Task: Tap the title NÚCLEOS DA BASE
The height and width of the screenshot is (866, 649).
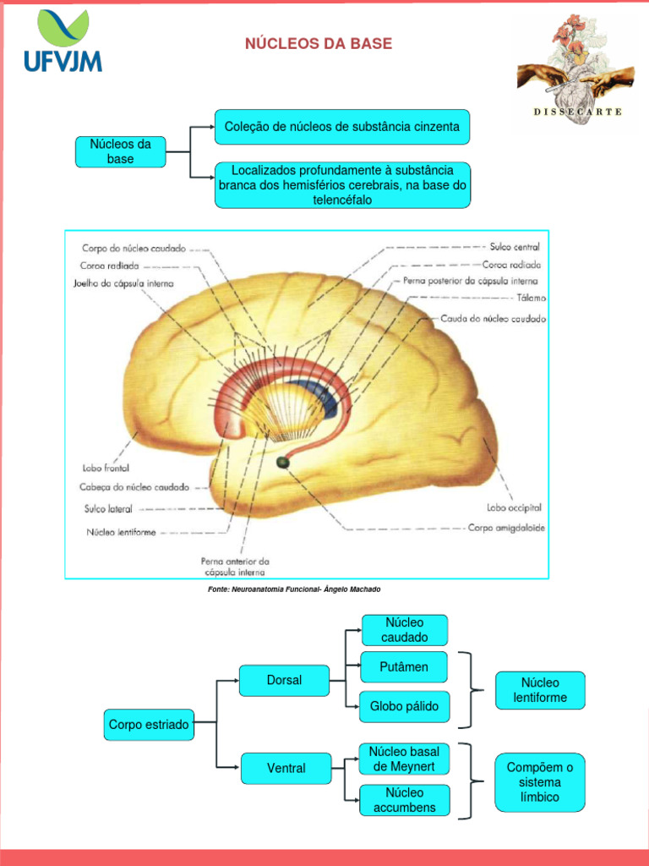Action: tap(319, 44)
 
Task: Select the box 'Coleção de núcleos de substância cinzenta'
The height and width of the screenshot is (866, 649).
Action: tap(342, 127)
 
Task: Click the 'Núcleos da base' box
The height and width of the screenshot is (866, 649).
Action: tap(121, 151)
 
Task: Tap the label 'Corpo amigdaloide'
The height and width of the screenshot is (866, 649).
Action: tap(506, 528)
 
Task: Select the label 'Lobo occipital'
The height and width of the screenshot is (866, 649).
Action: tap(514, 507)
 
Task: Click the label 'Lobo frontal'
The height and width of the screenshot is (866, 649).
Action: tap(106, 467)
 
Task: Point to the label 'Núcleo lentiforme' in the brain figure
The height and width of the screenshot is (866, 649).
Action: tap(121, 533)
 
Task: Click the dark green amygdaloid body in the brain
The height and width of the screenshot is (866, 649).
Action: tap(282, 462)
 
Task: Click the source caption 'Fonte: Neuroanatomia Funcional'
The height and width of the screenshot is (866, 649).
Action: tap(300, 589)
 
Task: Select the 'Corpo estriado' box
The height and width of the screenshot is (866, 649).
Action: tap(149, 725)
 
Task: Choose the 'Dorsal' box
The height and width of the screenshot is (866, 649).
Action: tap(284, 680)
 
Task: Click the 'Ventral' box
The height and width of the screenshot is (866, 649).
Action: tap(286, 768)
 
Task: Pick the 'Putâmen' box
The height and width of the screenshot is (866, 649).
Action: tap(405, 667)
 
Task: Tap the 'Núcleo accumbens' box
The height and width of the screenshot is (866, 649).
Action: tap(405, 800)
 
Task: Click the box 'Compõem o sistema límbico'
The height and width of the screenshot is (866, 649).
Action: tap(540, 782)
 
